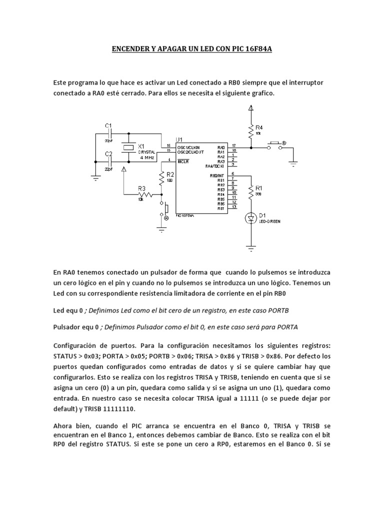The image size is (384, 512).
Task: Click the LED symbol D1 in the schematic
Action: click(251, 217)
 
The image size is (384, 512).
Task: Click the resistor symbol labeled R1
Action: click(251, 190)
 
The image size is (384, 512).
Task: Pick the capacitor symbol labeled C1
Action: click(111, 133)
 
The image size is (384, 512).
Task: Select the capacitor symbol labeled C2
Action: click(111, 162)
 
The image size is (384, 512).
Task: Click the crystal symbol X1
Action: click(129, 147)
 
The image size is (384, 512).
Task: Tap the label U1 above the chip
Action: click(179, 139)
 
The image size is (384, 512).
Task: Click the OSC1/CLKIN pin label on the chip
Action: click(189, 146)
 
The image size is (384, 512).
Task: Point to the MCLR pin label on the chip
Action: click(183, 160)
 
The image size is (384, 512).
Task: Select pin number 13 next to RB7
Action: click(233, 207)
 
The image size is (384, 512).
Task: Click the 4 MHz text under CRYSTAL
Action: click(146, 157)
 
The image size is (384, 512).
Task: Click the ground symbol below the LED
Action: click(251, 244)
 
